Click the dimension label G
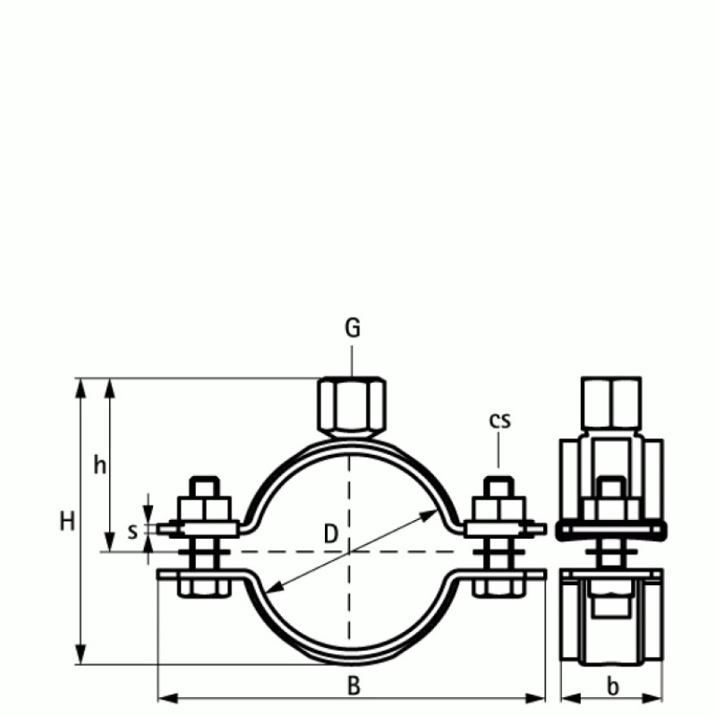click(x=353, y=328)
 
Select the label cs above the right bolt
click(x=499, y=420)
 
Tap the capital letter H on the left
click(x=67, y=522)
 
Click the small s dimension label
click(x=132, y=531)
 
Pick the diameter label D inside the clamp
click(x=330, y=535)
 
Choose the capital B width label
click(x=354, y=686)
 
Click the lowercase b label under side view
click(x=612, y=686)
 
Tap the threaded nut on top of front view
click(x=352, y=405)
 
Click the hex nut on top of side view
click(x=611, y=405)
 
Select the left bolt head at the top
click(x=205, y=489)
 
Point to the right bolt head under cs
click(x=499, y=489)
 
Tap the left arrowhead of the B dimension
click(x=164, y=696)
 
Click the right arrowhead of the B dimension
click(x=540, y=696)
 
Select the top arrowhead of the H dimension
click(x=82, y=385)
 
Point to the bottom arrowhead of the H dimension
click(x=82, y=658)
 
